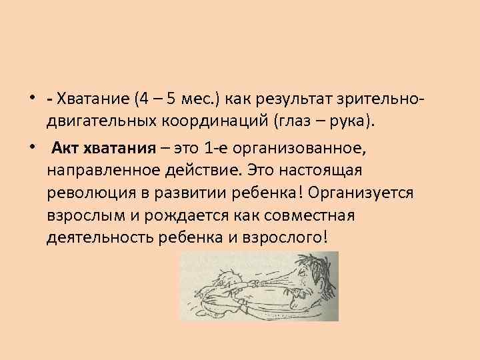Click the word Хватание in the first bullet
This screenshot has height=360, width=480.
pyautogui.click(x=93, y=100)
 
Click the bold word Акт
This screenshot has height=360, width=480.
pyautogui.click(x=67, y=147)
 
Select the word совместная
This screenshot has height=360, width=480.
pyautogui.click(x=309, y=216)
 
